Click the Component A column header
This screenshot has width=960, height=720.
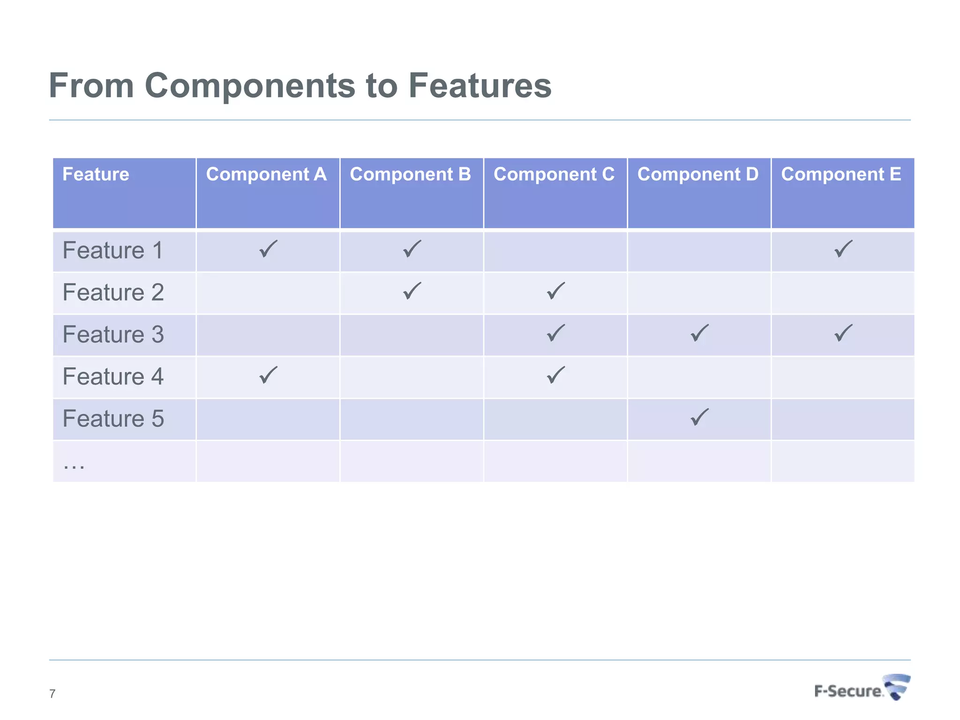[266, 174]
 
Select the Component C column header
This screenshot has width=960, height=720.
[554, 174]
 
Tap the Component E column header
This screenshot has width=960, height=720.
[841, 174]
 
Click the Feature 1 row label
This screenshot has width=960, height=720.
[112, 250]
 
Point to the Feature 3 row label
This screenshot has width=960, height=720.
[113, 335]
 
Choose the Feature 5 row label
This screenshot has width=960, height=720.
[113, 419]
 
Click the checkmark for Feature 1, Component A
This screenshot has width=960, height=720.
[268, 249]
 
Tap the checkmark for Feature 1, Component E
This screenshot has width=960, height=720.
[843, 249]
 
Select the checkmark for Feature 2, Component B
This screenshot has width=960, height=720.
[412, 291]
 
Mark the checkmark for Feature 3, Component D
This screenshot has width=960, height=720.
[699, 333]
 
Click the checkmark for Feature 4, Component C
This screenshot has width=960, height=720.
[555, 375]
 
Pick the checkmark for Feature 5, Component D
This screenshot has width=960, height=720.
[699, 417]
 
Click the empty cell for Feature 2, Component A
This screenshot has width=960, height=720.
[268, 293]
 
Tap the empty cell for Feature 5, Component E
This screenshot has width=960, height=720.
[843, 419]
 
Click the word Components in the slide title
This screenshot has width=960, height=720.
[250, 86]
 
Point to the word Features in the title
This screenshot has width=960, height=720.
[480, 86]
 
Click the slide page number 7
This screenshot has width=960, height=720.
[52, 694]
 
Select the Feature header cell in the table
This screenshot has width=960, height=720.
[96, 174]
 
